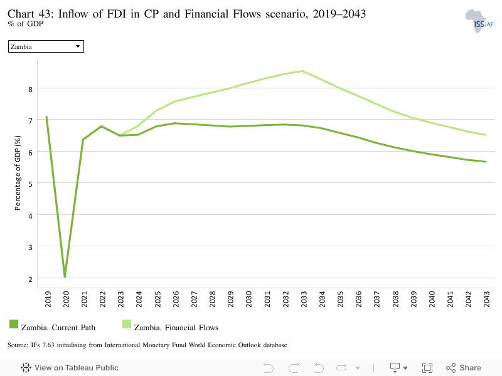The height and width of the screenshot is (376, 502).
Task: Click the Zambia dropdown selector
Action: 46,46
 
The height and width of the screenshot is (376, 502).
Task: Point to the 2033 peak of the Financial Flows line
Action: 303,71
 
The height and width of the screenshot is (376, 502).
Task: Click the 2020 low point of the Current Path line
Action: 65,276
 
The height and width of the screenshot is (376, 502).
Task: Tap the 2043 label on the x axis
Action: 486,299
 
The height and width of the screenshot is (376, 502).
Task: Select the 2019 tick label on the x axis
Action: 48,299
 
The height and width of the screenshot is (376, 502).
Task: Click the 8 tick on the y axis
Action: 30,90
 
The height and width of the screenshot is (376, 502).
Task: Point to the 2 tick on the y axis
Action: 30,279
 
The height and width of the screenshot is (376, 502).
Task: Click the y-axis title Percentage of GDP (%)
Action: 18,173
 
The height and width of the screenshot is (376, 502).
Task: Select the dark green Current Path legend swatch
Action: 14,324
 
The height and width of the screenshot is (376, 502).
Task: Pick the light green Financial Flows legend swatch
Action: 127,324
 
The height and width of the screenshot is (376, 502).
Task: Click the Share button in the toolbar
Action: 464,368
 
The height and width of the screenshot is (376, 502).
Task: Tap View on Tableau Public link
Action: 70,368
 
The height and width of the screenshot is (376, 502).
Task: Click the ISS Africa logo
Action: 479,21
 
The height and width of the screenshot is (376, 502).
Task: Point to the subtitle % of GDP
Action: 25,24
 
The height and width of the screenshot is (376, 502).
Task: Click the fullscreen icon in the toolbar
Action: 427,368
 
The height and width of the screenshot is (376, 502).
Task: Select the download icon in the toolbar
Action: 395,368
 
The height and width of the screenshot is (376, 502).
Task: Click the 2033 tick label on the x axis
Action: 304,299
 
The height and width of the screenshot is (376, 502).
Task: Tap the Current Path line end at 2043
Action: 486,162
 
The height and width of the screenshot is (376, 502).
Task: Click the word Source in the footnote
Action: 18,345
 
